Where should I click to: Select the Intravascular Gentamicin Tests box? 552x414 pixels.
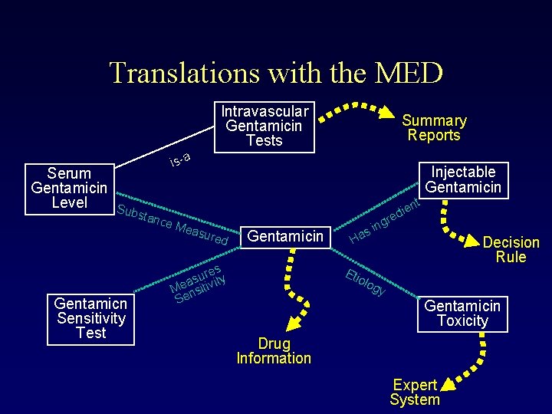click(264, 126)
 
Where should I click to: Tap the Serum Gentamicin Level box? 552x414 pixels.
click(70, 188)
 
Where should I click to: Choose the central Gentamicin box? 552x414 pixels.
click(284, 236)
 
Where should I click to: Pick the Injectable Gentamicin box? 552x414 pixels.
click(462, 179)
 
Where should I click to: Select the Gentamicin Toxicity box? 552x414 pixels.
click(462, 314)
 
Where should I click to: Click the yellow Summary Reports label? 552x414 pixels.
click(434, 128)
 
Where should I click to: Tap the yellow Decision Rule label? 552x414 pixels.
click(511, 249)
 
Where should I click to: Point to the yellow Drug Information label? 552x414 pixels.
click(274, 350)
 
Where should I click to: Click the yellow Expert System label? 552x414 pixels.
click(415, 392)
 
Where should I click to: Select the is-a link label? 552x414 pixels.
click(179, 159)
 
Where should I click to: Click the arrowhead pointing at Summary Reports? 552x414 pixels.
click(387, 113)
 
